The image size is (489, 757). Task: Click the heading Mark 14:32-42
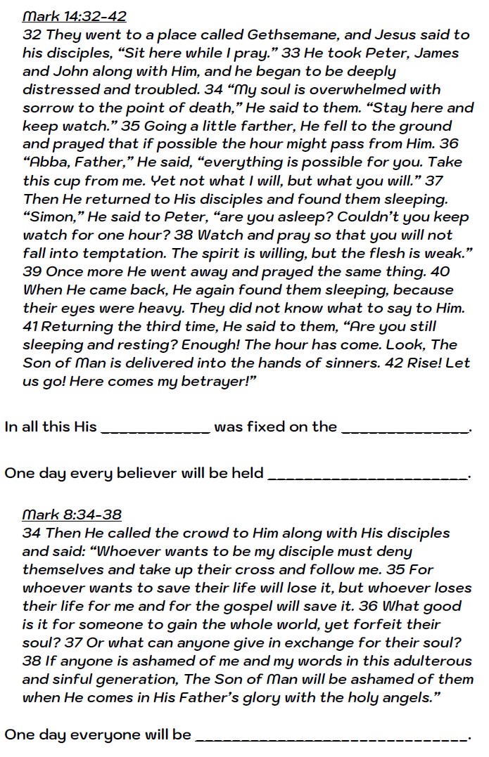pos(74,16)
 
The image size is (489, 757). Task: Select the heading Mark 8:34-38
pos(72,514)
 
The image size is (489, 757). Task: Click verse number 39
pos(32,271)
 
